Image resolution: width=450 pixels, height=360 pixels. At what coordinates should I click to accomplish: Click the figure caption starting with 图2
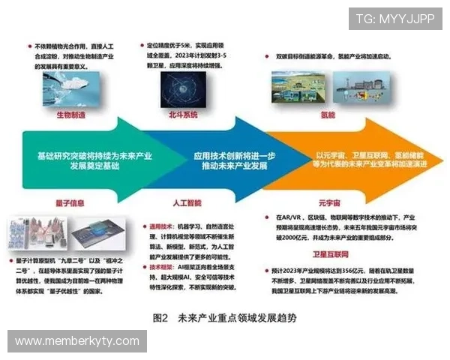tap(223, 317)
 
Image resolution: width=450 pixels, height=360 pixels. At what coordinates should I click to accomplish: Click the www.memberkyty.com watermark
tap(77, 341)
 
